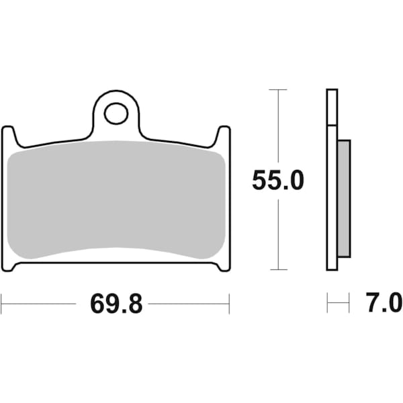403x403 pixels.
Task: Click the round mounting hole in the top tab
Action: [116, 113]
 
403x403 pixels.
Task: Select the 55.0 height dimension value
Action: [277, 180]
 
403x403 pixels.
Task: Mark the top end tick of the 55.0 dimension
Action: [277, 89]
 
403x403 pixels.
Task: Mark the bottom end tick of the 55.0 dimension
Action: [277, 270]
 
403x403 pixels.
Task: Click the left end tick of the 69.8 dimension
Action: [1, 304]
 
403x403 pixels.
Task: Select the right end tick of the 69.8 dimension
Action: [229, 304]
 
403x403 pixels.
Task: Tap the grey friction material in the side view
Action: [343, 198]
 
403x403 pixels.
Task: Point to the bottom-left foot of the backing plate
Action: [9, 265]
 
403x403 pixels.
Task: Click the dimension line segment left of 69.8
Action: [40, 304]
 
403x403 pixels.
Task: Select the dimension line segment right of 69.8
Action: [188, 304]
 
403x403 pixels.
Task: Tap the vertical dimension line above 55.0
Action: [277, 128]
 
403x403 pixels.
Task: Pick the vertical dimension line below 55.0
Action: [277, 235]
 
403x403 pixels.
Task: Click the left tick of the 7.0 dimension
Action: [328, 304]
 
